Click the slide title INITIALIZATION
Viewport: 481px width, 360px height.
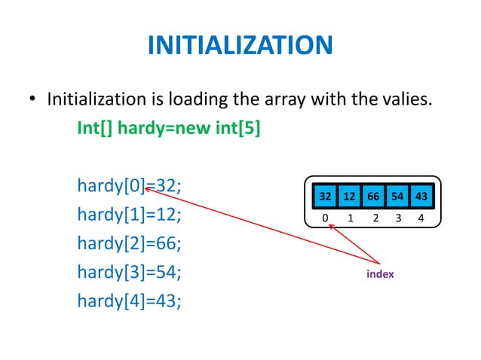point(240,46)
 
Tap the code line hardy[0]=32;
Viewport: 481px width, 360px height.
point(130,185)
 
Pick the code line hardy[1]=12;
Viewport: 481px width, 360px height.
point(130,215)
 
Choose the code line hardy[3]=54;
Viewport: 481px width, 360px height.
point(130,273)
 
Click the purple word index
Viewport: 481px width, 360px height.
point(380,274)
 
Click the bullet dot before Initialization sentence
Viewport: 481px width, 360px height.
point(32,101)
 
